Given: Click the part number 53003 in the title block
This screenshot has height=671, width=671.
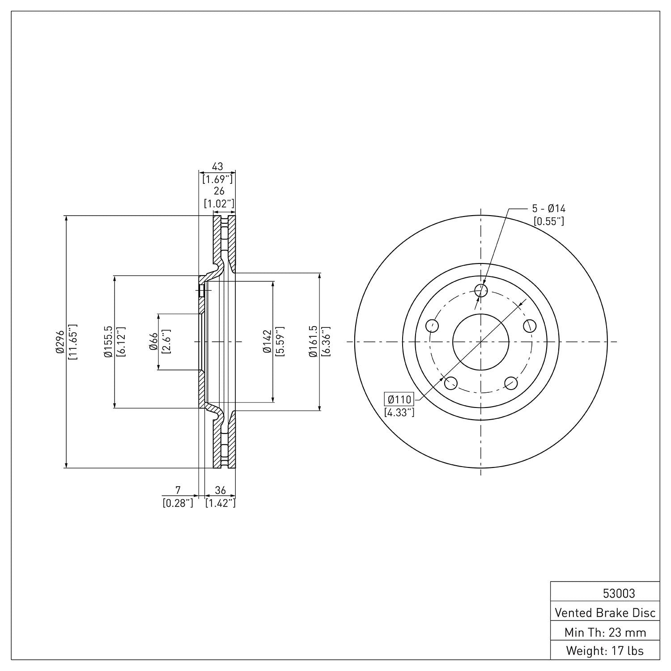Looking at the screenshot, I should pyautogui.click(x=619, y=593).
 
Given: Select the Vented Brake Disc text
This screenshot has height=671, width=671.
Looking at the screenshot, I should pyautogui.click(x=605, y=612).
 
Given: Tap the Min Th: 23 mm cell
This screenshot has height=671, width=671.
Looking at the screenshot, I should pyautogui.click(x=605, y=632).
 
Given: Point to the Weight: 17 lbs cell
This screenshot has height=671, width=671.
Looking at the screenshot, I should pyautogui.click(x=605, y=650).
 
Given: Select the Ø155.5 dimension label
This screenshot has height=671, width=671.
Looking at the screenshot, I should pyautogui.click(x=107, y=342).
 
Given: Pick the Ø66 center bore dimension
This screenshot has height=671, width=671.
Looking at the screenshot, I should pyautogui.click(x=152, y=342).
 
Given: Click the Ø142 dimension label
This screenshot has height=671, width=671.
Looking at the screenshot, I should pyautogui.click(x=267, y=342).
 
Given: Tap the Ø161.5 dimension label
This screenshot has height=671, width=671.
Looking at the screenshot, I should pyautogui.click(x=313, y=342).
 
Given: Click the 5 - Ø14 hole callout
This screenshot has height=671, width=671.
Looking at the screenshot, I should pyautogui.click(x=548, y=208).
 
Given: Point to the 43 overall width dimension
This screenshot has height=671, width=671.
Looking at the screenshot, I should pyautogui.click(x=217, y=167).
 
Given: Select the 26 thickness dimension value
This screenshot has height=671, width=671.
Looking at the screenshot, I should pyautogui.click(x=219, y=191).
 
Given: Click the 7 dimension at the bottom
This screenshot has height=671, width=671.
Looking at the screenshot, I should pyautogui.click(x=178, y=490).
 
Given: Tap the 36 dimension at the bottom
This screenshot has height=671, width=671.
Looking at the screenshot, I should pyautogui.click(x=220, y=490).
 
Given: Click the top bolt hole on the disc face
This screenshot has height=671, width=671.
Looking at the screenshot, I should pyautogui.click(x=481, y=290).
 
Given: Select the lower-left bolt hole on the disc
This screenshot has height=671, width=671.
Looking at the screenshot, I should pyautogui.click(x=451, y=383).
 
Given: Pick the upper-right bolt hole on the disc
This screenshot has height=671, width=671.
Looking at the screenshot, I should pyautogui.click(x=530, y=326).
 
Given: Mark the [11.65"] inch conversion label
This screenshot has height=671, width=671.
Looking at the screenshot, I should pyautogui.click(x=72, y=342).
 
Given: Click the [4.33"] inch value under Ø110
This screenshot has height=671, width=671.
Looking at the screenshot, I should pyautogui.click(x=399, y=412).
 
